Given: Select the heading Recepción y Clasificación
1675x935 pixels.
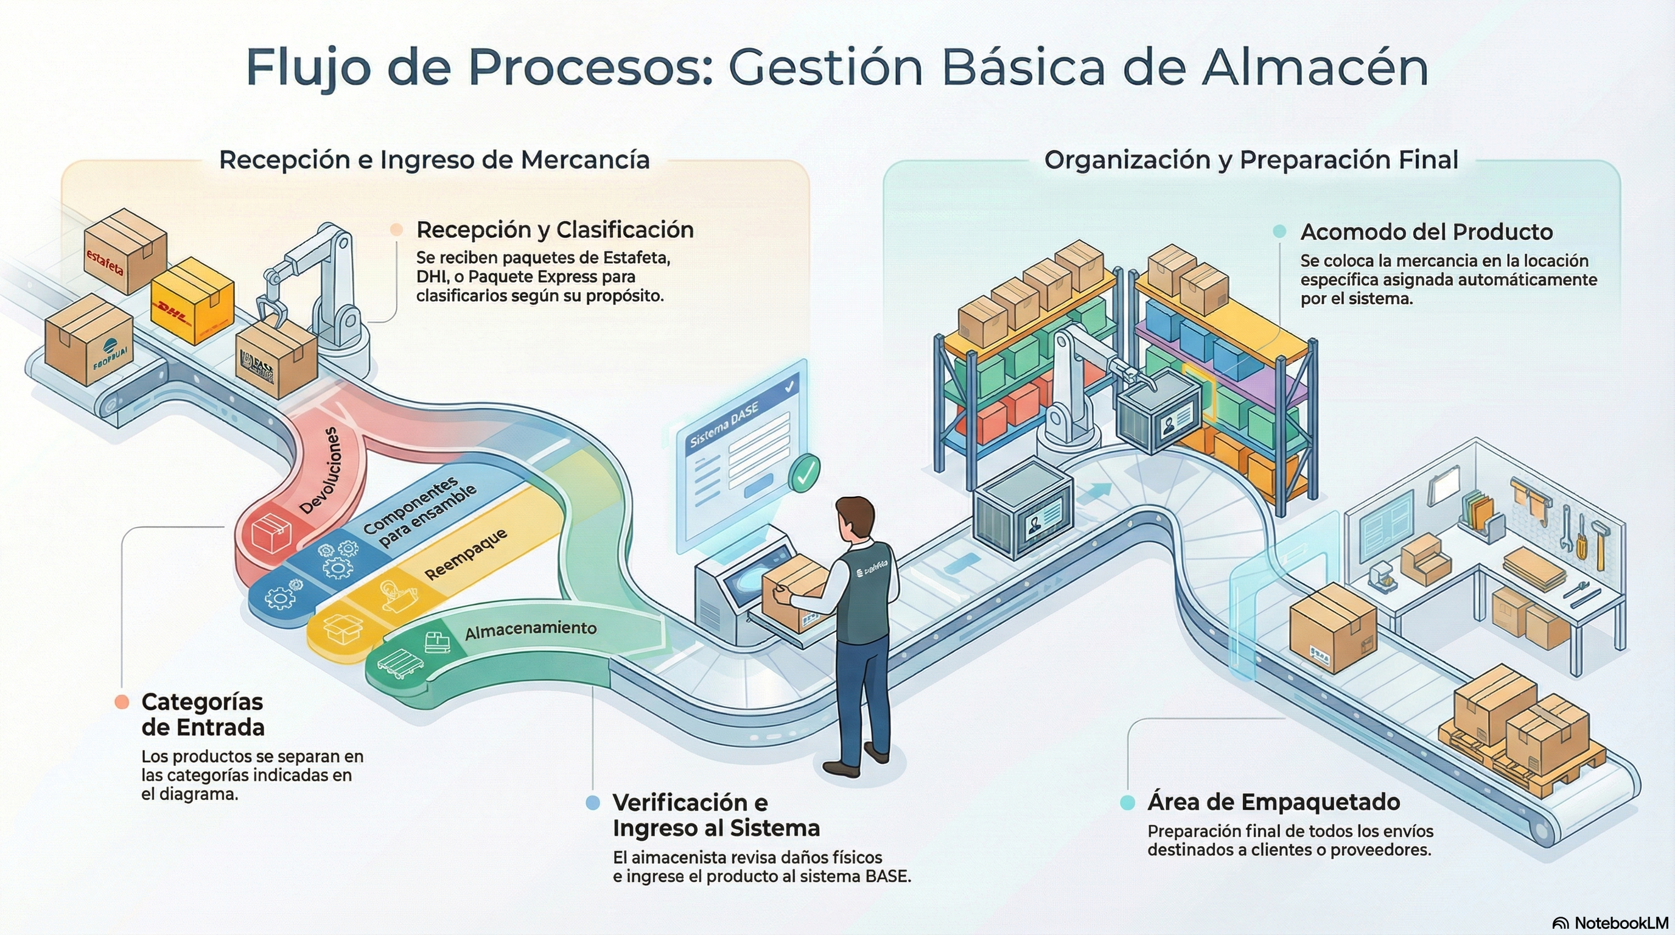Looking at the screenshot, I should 554,229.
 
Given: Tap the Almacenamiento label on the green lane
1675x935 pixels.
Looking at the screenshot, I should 531,629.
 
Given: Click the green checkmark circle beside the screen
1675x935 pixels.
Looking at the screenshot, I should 805,473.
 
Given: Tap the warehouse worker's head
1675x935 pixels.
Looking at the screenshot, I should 854,517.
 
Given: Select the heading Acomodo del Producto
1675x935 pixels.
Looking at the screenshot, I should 1427,231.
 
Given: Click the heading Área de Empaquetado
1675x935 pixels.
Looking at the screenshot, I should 1273,802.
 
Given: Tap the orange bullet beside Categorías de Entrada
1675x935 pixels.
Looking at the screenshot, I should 122,702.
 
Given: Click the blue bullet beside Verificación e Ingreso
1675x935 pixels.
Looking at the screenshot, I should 592,802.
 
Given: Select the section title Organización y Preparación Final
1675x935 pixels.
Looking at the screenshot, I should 1251,159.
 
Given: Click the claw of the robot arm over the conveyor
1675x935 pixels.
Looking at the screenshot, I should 270,311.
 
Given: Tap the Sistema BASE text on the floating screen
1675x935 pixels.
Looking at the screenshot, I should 724,427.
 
